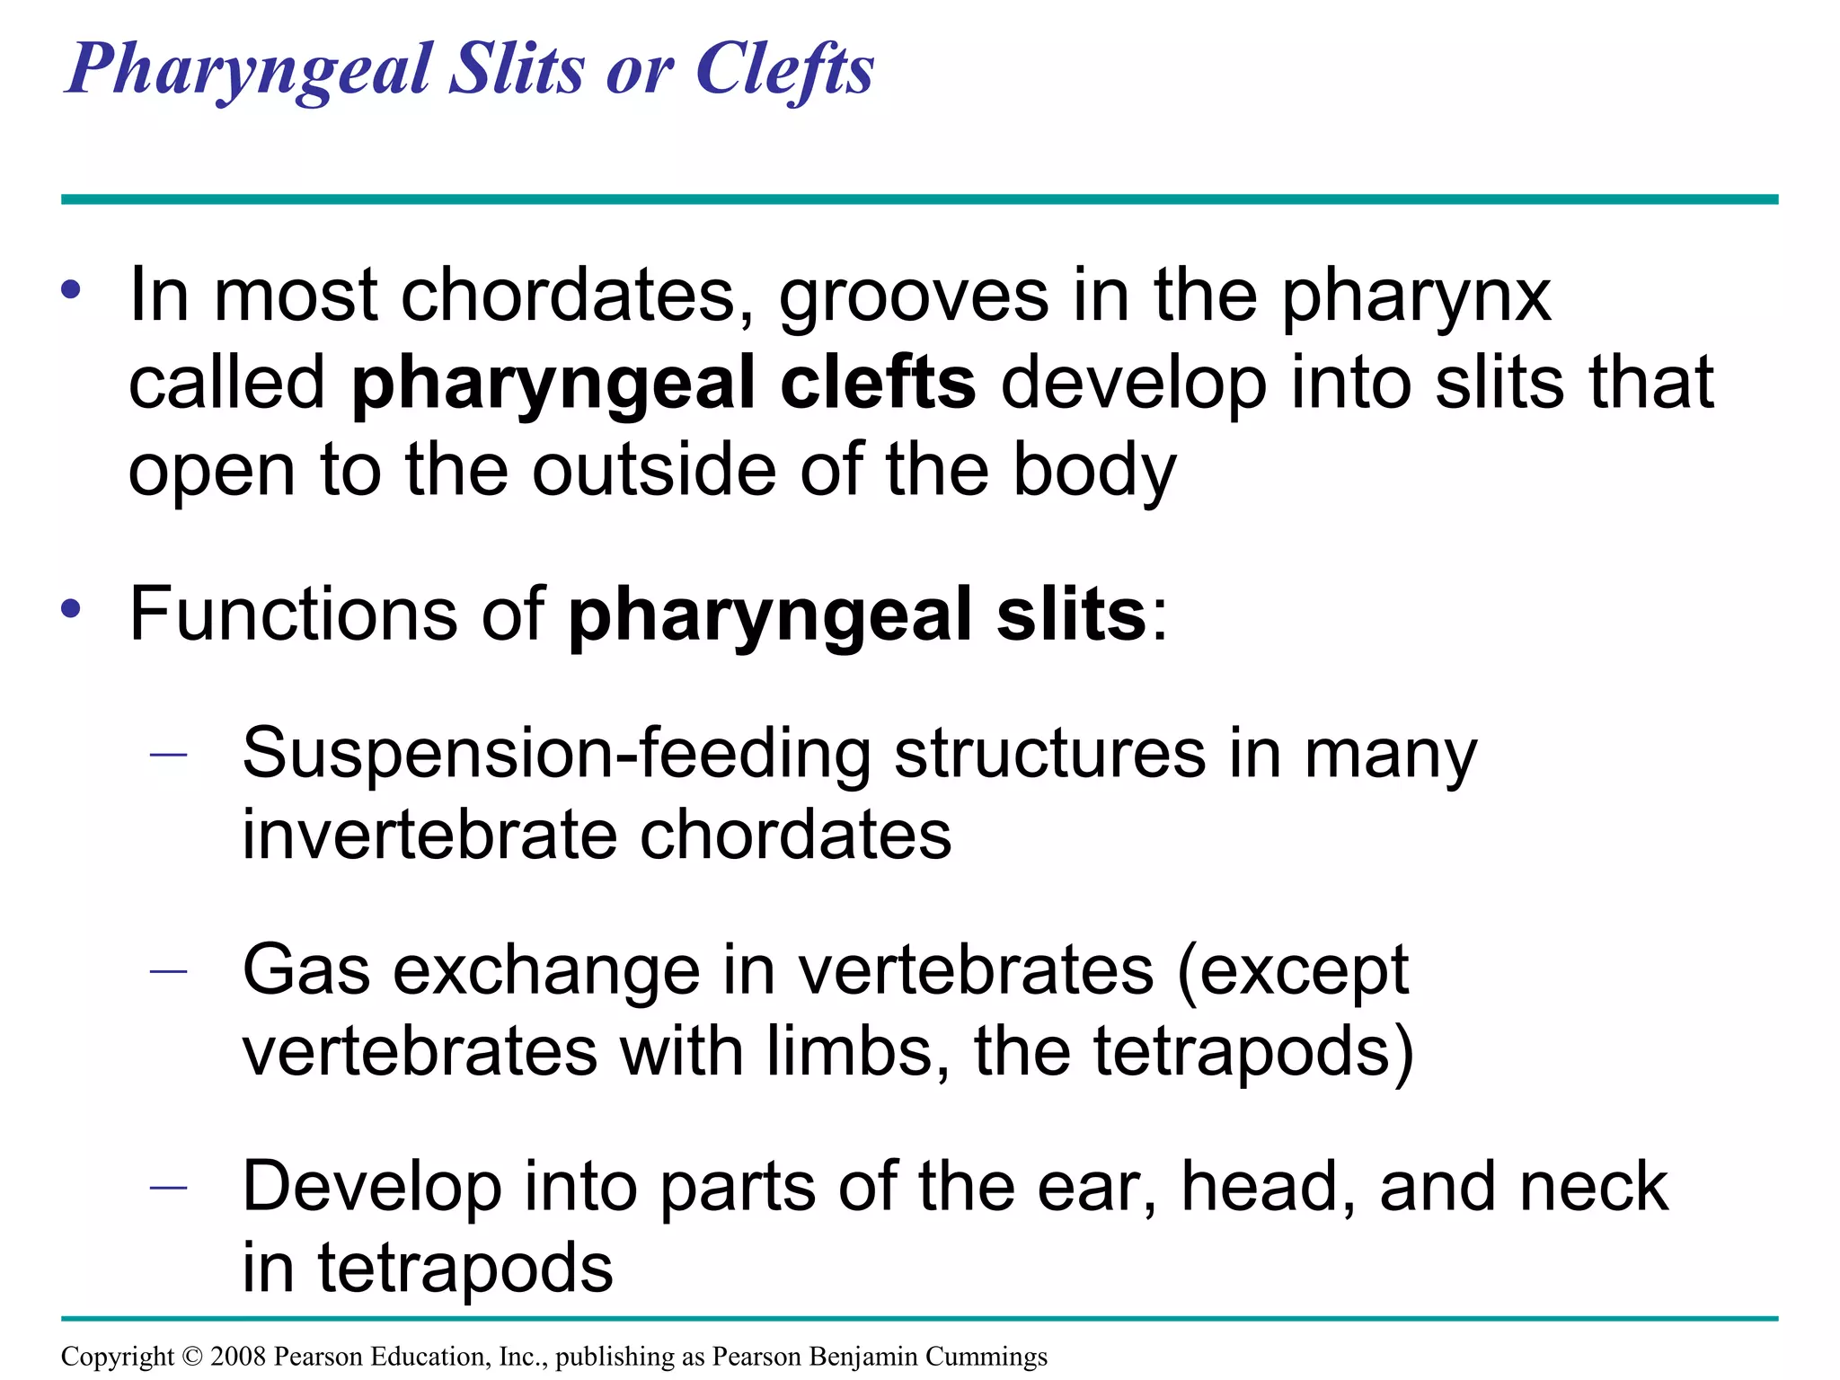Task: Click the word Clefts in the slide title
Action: click(783, 70)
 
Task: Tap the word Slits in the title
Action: click(517, 70)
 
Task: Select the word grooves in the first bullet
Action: click(913, 296)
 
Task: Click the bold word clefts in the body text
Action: click(878, 384)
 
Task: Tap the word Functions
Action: click(293, 614)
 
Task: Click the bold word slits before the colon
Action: click(1071, 614)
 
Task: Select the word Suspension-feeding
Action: click(557, 755)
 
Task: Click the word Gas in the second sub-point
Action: click(306, 971)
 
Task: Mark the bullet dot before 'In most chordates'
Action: click(71, 290)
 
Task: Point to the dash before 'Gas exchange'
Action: click(169, 970)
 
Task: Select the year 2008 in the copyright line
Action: click(238, 1356)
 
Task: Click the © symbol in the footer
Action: click(192, 1356)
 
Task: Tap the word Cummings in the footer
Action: click(986, 1357)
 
